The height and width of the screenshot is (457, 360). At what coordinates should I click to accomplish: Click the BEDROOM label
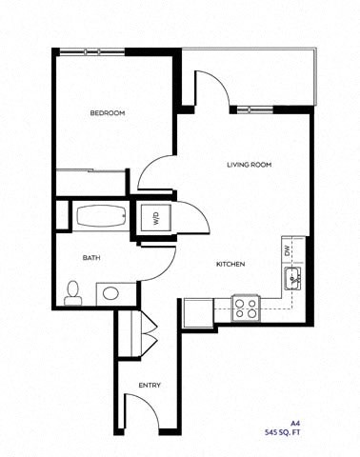[108, 114]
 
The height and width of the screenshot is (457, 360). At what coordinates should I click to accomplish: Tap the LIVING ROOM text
[249, 165]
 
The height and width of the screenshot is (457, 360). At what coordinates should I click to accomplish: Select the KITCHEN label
[231, 264]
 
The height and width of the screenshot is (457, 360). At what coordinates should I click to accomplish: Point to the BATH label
[91, 257]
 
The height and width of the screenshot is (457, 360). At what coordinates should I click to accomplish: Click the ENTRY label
[150, 386]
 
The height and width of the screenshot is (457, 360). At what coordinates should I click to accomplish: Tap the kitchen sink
[291, 278]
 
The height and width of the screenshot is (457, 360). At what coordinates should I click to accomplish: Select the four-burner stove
[246, 308]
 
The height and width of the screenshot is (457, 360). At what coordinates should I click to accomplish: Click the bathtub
[99, 215]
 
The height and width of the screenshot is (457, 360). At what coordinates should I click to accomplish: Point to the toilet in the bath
[72, 293]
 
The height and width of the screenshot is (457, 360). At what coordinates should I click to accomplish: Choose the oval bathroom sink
[110, 292]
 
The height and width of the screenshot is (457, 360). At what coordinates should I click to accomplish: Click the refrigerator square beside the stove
[198, 311]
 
